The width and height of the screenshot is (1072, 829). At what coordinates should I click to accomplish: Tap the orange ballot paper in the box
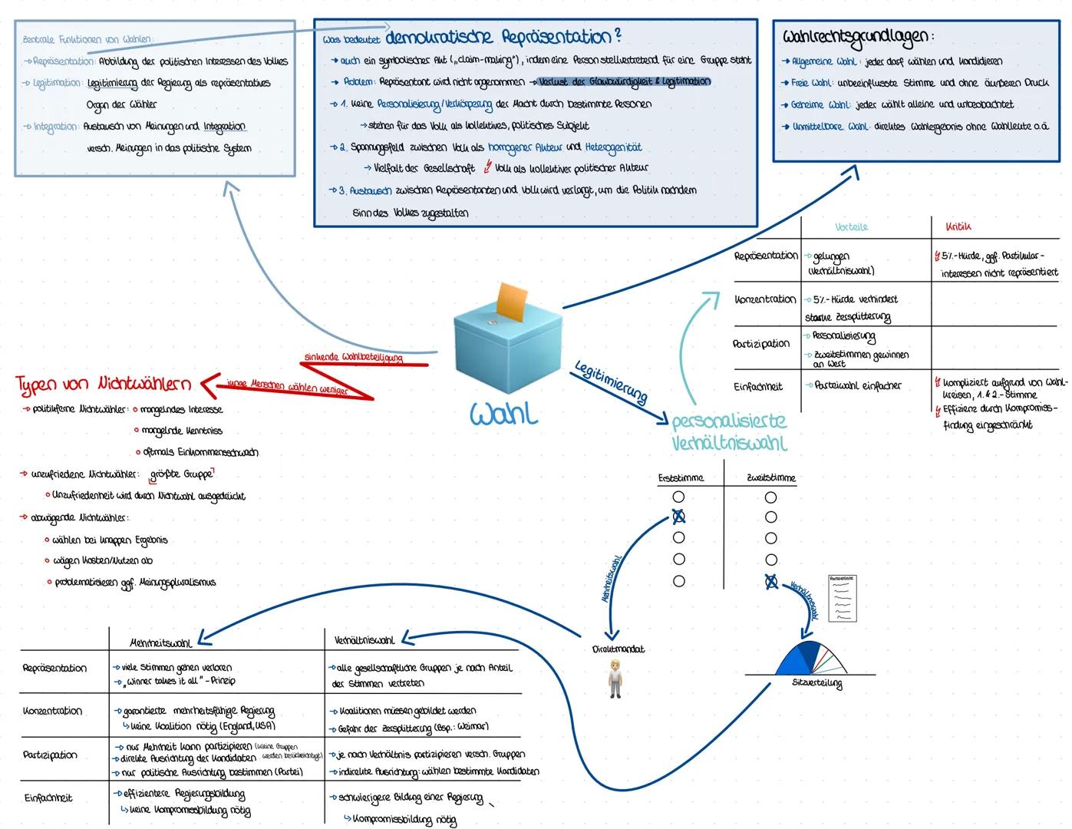(513, 301)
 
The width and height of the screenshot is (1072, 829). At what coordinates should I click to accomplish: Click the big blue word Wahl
(503, 414)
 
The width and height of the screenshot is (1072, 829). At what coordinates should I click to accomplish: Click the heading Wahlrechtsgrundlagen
(856, 36)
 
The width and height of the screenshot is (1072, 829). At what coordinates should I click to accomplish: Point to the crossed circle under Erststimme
(678, 517)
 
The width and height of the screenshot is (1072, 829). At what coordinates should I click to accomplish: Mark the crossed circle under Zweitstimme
(771, 582)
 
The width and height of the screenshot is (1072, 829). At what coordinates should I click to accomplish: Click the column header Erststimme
(681, 478)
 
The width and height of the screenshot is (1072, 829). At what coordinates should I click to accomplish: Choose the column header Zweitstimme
(771, 478)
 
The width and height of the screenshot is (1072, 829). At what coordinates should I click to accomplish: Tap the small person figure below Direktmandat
(615, 678)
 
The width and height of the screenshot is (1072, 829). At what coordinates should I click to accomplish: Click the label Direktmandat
(618, 649)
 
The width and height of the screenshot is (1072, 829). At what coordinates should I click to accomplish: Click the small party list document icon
(842, 597)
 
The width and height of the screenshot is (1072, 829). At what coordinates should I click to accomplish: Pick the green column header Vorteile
(852, 227)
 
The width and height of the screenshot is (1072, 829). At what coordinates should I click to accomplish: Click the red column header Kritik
(958, 227)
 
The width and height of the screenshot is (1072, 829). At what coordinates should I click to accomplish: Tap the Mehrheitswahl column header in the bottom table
(161, 641)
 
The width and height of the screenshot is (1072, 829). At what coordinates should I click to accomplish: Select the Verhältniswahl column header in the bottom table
(364, 640)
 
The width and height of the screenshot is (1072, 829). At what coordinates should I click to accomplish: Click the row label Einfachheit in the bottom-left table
(48, 798)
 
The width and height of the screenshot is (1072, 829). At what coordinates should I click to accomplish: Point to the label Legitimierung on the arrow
(611, 381)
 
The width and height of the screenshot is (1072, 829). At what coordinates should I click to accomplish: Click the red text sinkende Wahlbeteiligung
(353, 358)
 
